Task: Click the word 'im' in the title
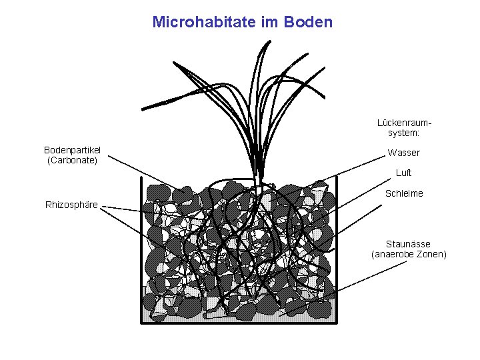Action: pyautogui.click(x=266, y=22)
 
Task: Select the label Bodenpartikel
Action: pyautogui.click(x=72, y=150)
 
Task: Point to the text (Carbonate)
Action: pyautogui.click(x=72, y=160)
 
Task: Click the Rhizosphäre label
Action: pyautogui.click(x=71, y=204)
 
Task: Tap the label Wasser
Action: pyautogui.click(x=403, y=153)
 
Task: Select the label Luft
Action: pyautogui.click(x=403, y=173)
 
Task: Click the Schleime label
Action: pyautogui.click(x=404, y=193)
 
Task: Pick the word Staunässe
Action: pyautogui.click(x=408, y=244)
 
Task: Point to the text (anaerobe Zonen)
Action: pyautogui.click(x=408, y=254)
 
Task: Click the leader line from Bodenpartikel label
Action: pyautogui.click(x=143, y=173)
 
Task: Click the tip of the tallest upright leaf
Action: pyautogui.click(x=269, y=41)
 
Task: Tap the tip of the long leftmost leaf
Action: pyautogui.click(x=143, y=108)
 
